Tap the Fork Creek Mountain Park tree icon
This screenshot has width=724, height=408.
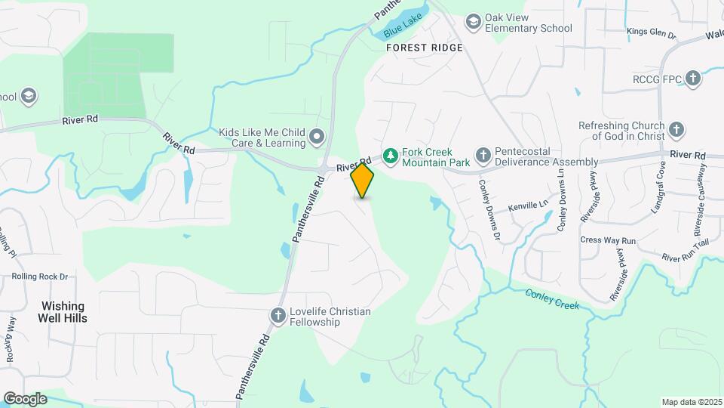pos(390,156)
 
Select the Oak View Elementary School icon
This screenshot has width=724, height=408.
pos(474,21)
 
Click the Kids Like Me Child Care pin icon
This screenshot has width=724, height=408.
pos(318,138)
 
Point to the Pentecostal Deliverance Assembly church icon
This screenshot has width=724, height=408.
pos(483,156)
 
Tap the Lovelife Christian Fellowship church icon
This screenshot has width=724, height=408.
pos(278,316)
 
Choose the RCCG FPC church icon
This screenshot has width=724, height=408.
pos(693,79)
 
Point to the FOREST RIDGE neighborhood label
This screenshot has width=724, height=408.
pos(424,47)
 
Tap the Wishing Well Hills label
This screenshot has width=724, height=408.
pos(64,312)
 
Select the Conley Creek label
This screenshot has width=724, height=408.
pos(552,298)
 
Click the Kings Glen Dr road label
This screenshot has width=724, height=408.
pos(652,34)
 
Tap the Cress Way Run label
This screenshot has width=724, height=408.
pos(609,240)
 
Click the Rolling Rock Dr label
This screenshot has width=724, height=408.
pos(39,277)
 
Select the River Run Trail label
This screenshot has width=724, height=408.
pos(686,252)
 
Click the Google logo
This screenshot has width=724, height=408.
pos(25,399)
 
